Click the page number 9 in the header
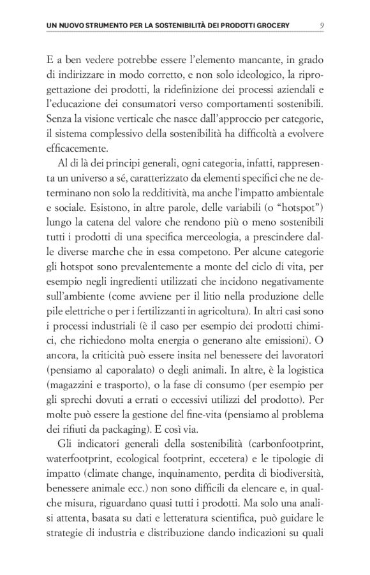322,25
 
